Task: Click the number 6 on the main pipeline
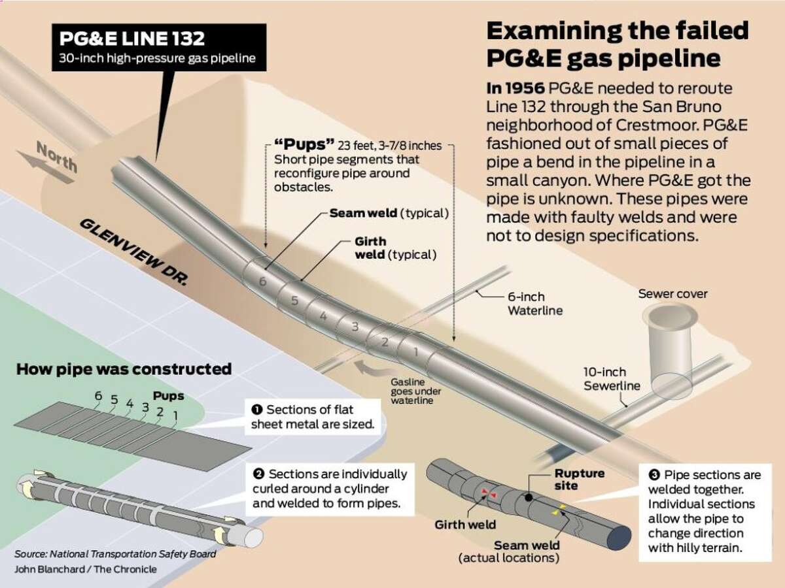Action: (x=262, y=282)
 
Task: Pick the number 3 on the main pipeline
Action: (x=354, y=326)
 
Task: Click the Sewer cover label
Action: (x=672, y=293)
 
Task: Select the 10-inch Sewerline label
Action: (x=613, y=379)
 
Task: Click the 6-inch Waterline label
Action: (x=535, y=304)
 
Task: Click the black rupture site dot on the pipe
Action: (x=527, y=498)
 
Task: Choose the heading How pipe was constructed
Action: (x=123, y=369)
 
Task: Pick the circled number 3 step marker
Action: (x=652, y=476)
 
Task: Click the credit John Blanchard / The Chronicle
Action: (x=86, y=569)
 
